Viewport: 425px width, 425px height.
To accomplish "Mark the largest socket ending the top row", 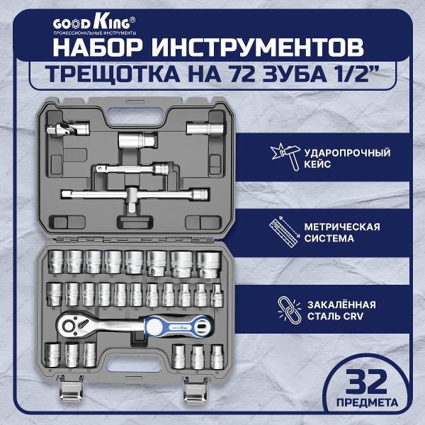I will tap(208, 263).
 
